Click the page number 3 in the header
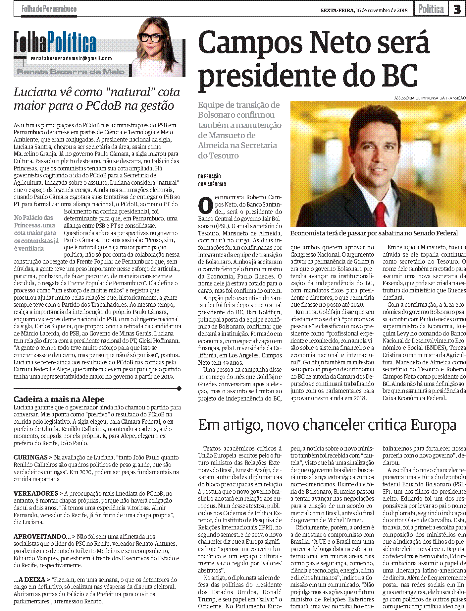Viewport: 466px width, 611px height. click(457, 9)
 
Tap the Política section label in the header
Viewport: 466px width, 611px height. click(431, 9)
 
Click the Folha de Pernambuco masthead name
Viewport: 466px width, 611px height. click(49, 9)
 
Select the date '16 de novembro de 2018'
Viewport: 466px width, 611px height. click(382, 10)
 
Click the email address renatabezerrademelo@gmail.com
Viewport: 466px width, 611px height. click(71, 58)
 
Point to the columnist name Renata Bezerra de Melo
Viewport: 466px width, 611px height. click(71, 72)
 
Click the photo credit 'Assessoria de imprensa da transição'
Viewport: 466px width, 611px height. click(430, 98)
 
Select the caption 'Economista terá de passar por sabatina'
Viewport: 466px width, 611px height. click(374, 233)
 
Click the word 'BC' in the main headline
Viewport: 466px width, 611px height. click(399, 76)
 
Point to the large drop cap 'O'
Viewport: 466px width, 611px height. click(205, 205)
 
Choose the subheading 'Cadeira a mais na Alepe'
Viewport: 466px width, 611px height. click(59, 399)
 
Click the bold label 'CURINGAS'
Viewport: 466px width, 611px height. click(30, 457)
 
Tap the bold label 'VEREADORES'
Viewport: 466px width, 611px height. click(36, 493)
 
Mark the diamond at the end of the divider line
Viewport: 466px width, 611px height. click(179, 388)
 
